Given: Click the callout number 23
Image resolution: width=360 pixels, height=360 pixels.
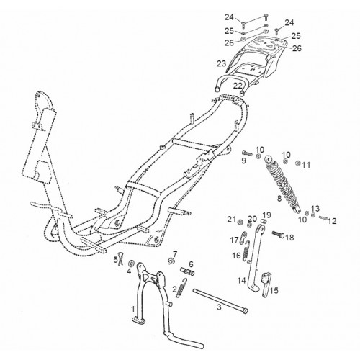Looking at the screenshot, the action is click(x=222, y=64).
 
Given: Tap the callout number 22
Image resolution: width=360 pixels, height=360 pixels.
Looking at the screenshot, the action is click(x=238, y=86).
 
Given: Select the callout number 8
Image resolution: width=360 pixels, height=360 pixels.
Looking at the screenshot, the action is click(x=279, y=199).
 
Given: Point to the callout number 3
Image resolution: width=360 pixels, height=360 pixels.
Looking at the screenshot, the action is click(x=219, y=307).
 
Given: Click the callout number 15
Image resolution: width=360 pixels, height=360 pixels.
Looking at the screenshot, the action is click(x=274, y=291).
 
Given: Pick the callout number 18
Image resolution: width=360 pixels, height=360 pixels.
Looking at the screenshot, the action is click(x=289, y=238).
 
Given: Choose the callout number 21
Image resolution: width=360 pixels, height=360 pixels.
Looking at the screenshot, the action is click(x=232, y=219).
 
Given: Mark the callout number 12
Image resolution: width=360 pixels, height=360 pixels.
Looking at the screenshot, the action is click(x=332, y=221).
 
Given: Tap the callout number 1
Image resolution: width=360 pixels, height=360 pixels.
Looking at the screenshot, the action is click(x=133, y=309).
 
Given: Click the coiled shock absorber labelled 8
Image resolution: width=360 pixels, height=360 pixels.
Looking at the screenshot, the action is click(x=283, y=184).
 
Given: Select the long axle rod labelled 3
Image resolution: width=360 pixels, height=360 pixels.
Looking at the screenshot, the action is click(x=220, y=301).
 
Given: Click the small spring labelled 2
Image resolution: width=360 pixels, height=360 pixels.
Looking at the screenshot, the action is click(x=182, y=287).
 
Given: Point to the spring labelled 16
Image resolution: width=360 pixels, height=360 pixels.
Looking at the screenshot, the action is click(x=247, y=251).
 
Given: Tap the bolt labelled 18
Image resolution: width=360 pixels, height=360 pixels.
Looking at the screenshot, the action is click(x=278, y=234).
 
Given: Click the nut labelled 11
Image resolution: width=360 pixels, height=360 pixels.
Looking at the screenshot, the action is click(x=298, y=163).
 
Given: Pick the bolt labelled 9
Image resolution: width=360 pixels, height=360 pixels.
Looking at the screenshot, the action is click(x=247, y=153).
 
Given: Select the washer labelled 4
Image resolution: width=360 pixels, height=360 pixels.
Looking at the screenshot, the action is click(x=131, y=263).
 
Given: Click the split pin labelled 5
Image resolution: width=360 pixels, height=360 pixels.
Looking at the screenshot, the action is click(x=121, y=259).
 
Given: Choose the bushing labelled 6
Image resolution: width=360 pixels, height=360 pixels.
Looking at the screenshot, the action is click(x=187, y=271).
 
